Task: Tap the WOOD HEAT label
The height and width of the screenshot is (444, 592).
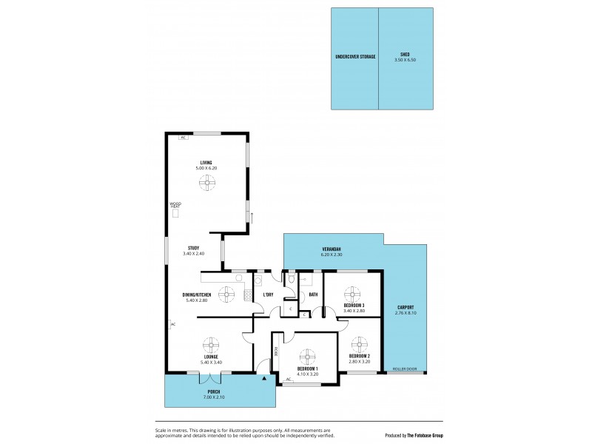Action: [175, 204]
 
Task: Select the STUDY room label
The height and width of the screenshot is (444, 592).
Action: [193, 248]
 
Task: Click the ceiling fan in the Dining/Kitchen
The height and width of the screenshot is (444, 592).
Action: [226, 293]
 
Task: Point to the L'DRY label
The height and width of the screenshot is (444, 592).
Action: [269, 295]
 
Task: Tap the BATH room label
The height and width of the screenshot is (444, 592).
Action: [313, 295]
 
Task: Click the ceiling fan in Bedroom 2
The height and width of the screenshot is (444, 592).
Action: [360, 344]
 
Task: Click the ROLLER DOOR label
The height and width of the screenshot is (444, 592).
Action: [406, 369]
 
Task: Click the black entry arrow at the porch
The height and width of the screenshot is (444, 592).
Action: [264, 379]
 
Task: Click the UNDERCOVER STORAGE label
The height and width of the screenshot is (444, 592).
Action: [355, 56]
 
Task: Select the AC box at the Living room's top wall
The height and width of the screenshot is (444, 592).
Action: [182, 137]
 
